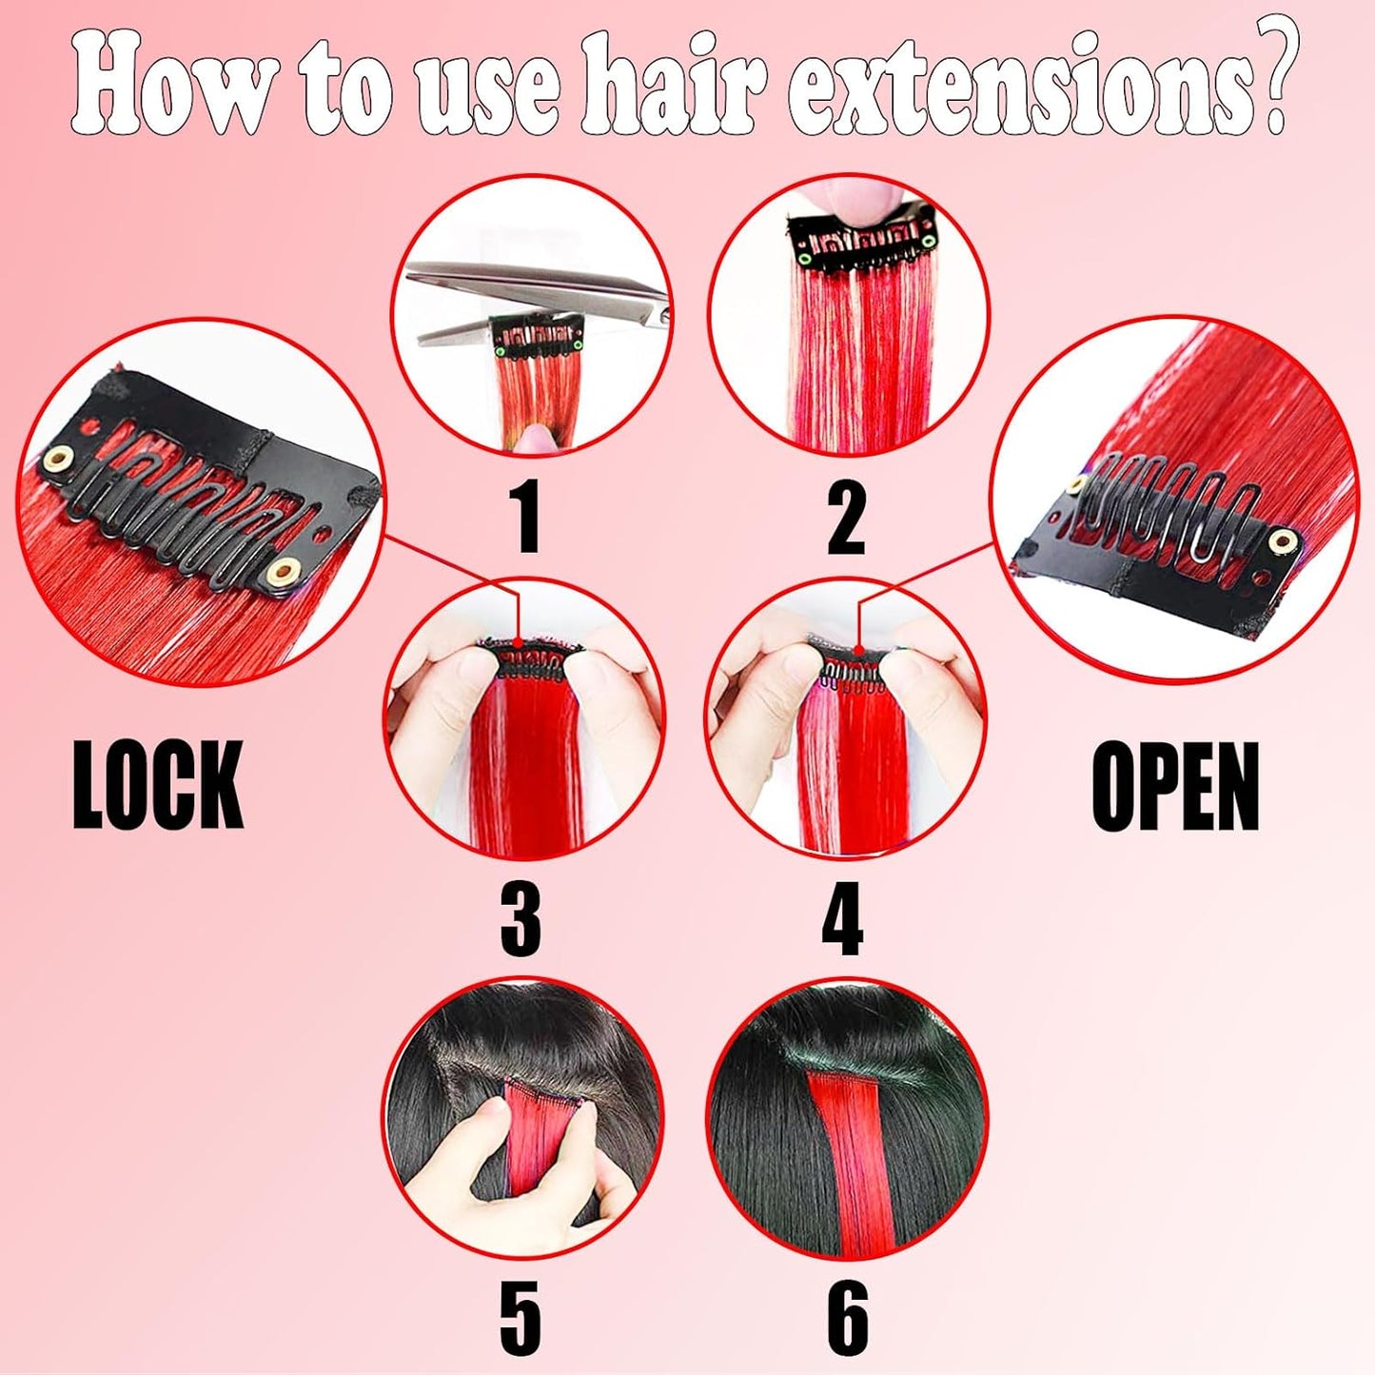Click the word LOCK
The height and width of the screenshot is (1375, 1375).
[158, 785]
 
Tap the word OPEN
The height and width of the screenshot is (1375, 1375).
[1175, 787]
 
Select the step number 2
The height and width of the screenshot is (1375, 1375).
[846, 517]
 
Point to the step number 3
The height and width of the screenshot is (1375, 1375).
[521, 918]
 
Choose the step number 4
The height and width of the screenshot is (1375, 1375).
[842, 918]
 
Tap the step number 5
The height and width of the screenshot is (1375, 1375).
[521, 1318]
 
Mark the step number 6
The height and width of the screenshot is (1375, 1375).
[846, 1318]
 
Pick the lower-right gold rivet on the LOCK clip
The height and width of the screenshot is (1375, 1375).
[283, 572]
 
